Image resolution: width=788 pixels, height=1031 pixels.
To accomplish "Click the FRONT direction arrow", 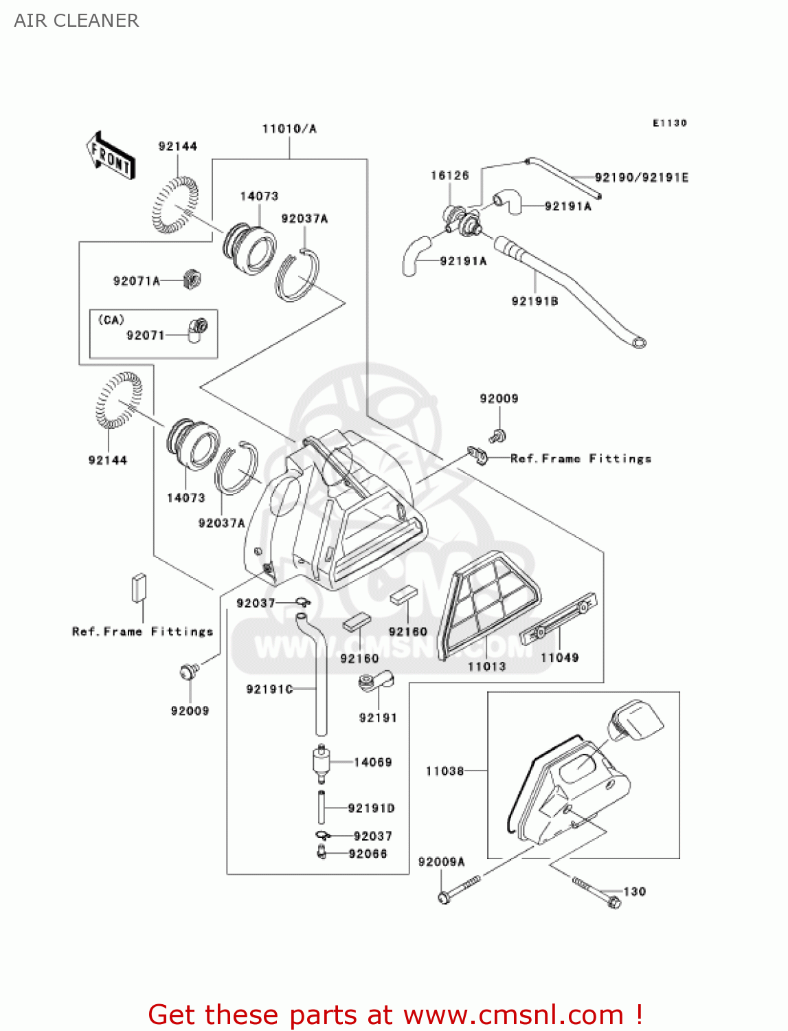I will pos(111,155).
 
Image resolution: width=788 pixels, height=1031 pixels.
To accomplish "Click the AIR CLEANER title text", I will pos(76,21).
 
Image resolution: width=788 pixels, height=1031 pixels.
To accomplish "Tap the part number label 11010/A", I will pos(289,129).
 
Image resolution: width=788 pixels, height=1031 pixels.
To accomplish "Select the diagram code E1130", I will pos(669,123).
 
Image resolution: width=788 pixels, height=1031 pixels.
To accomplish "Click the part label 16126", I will pos(449,175).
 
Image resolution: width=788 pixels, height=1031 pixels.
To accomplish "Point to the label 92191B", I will pos(534,301).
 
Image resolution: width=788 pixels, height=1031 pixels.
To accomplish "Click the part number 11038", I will pos(444,771).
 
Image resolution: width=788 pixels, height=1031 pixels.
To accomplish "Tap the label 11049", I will pos(559,658).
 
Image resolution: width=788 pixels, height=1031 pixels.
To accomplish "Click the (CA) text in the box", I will pos(111,320).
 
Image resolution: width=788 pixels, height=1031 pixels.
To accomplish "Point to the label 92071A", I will pos(136,280).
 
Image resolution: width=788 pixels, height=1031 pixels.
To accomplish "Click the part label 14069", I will pos(372,762).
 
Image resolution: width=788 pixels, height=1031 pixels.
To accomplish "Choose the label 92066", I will pos(368,854).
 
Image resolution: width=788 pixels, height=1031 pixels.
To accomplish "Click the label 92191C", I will pos(269,689).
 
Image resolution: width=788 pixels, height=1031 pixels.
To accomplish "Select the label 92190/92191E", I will pos(641,177).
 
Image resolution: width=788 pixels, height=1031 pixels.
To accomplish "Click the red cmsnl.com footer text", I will pos(395,1015).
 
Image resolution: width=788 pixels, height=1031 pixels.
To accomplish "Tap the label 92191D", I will pos(371,808).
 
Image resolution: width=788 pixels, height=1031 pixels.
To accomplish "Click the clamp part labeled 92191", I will pos(375,682).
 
